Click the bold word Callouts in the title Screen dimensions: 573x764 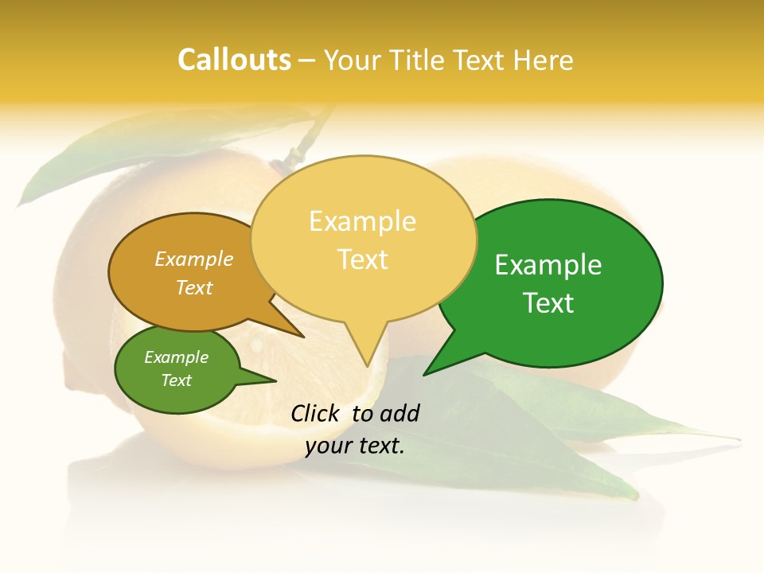pyautogui.click(x=234, y=60)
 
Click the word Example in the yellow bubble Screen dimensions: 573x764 pyautogui.click(x=362, y=221)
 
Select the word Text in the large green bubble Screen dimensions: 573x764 pyautogui.click(x=549, y=303)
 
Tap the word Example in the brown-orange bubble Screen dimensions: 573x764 pyautogui.click(x=194, y=259)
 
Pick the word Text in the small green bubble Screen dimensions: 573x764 pyautogui.click(x=176, y=380)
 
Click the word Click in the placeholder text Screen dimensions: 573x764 pyautogui.click(x=317, y=413)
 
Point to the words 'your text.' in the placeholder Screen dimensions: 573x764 pyautogui.click(x=355, y=446)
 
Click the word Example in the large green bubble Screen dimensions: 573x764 pyautogui.click(x=548, y=265)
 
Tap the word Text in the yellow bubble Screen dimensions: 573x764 pyautogui.click(x=363, y=259)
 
